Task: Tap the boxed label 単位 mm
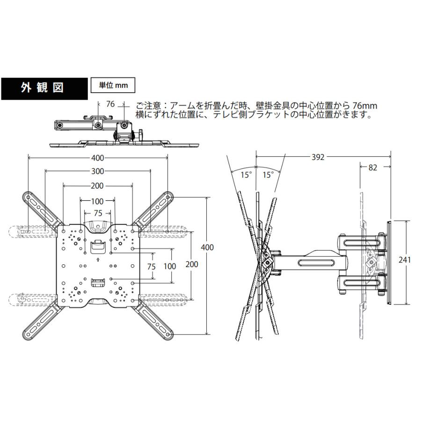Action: (112, 86)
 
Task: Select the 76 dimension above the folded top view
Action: (110, 104)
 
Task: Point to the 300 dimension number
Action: (98, 171)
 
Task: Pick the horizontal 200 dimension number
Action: (97, 186)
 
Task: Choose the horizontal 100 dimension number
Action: (97, 202)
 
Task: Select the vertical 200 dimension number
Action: (192, 264)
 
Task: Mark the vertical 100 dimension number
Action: (170, 266)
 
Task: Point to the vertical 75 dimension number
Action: (151, 266)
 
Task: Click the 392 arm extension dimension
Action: (318, 157)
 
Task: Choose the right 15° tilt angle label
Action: (268, 175)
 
